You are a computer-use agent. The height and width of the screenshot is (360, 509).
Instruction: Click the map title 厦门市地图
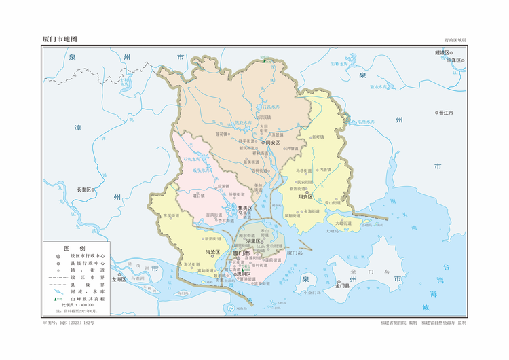point(64,39)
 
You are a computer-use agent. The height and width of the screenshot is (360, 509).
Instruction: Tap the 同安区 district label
point(272,143)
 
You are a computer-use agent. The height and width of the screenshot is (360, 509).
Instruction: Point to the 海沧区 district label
point(213,252)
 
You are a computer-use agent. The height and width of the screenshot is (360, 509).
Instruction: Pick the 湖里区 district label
point(254,240)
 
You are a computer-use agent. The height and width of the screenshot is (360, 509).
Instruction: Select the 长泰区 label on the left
point(83,190)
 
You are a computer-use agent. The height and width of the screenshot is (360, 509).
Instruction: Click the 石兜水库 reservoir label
point(193,159)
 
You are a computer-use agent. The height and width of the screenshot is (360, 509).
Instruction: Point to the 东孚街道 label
point(170,216)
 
